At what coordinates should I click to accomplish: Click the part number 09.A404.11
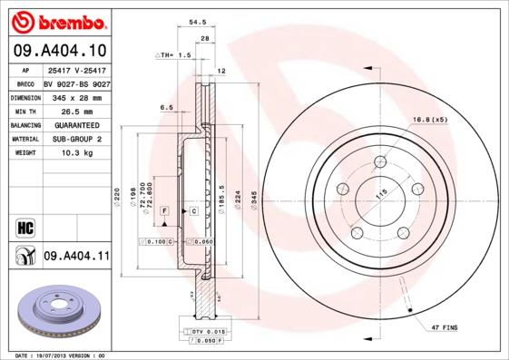click(76, 258)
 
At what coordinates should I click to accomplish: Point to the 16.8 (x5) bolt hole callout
click(430, 120)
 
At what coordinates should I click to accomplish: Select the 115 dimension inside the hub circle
click(381, 192)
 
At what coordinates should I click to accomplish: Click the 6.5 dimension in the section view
click(166, 107)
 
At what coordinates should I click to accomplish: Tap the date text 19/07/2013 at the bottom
click(56, 355)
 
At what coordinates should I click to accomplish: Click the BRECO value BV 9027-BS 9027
click(76, 83)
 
